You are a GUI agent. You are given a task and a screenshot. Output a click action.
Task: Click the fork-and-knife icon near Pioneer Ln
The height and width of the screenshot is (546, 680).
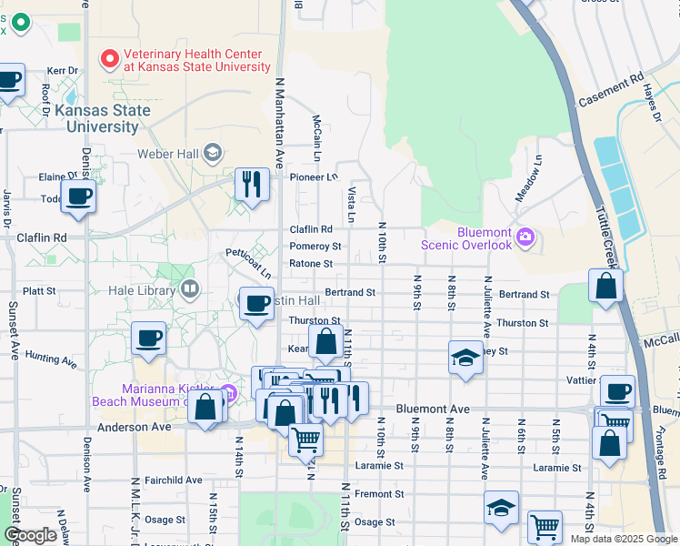point(249,184)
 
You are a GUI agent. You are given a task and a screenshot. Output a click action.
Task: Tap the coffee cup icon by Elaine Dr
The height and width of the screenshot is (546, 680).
point(79,196)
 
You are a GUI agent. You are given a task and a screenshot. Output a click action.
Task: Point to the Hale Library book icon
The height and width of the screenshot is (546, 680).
point(190,290)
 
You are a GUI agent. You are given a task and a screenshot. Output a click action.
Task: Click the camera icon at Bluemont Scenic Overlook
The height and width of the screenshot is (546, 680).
point(525,238)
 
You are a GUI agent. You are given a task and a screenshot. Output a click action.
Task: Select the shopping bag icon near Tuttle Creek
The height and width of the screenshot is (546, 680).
point(605,286)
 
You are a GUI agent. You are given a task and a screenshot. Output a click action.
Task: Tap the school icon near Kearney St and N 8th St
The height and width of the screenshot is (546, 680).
point(465,357)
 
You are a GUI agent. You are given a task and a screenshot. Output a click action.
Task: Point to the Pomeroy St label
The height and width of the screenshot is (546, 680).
point(315,247)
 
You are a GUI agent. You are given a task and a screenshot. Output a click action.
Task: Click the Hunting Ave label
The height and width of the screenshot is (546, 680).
point(51,359)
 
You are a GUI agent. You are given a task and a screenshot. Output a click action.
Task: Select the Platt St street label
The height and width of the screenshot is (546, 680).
point(39,291)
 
